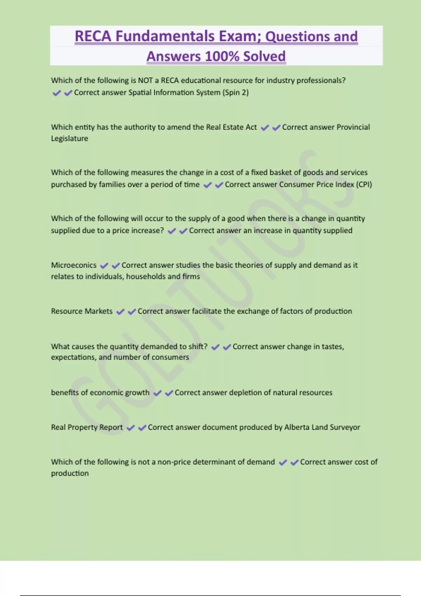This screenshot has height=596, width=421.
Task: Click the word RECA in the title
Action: pos(93,36)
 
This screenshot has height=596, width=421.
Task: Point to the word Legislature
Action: pos(69,138)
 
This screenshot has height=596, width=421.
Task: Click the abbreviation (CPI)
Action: pos(364,184)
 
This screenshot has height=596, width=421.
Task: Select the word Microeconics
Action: pos(74,265)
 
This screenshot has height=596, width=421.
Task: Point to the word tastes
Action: pos(333,347)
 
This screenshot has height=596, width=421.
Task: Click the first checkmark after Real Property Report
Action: pos(131,428)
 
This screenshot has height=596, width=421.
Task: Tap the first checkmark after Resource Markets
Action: pos(120,312)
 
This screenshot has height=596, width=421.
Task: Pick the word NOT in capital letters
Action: pos(145,80)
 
